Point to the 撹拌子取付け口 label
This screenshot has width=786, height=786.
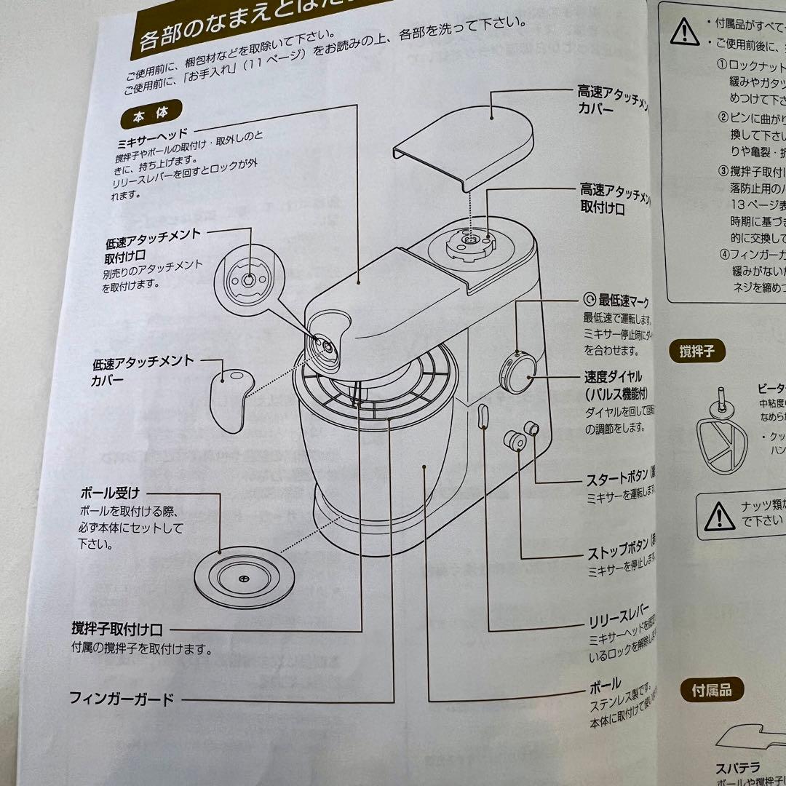[x=116, y=628]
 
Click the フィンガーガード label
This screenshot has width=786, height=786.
[x=122, y=699]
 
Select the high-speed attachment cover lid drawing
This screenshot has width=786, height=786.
[x=470, y=139]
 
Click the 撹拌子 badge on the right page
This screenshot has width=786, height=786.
[x=696, y=352]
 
